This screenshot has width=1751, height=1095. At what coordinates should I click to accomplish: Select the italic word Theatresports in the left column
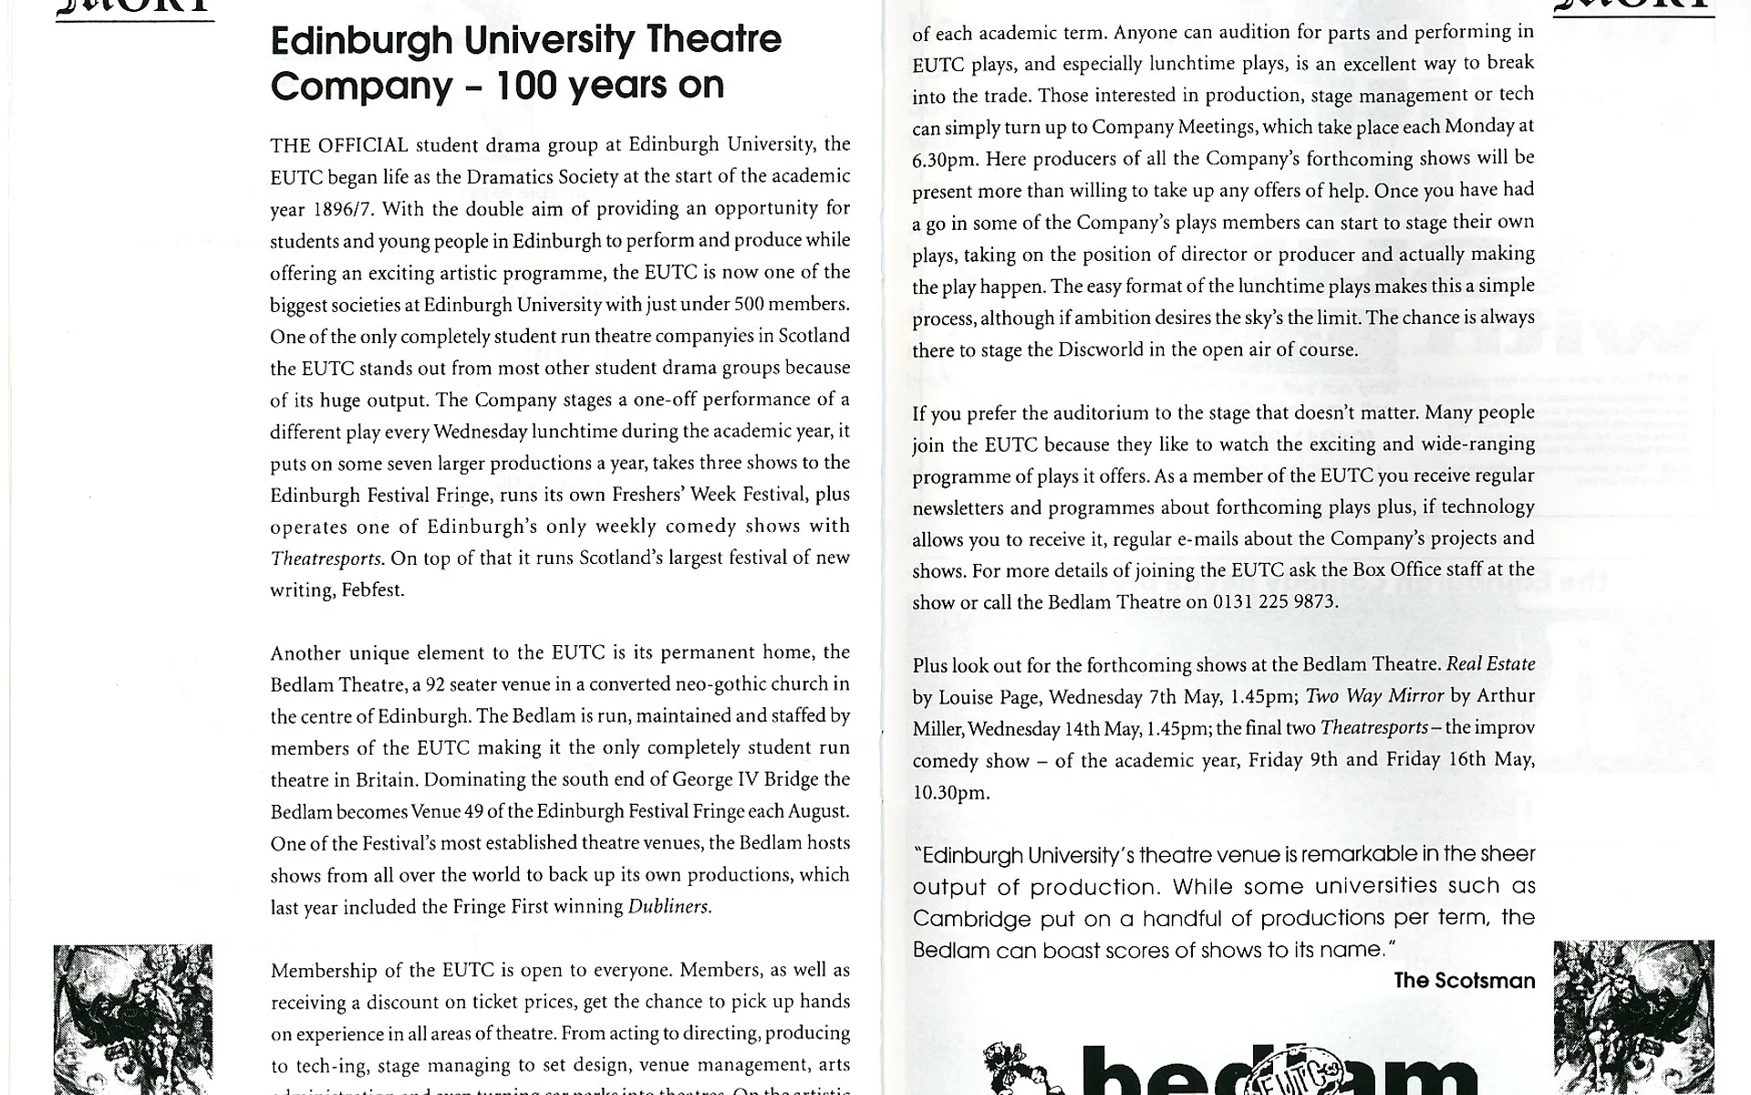tap(325, 558)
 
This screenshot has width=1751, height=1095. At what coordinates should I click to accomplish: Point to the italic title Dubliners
tap(668, 907)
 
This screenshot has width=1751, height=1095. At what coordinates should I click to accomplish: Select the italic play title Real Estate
tap(1490, 664)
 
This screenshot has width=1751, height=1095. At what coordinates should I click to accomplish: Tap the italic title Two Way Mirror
tap(1374, 696)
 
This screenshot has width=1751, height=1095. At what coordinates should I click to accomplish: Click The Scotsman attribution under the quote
tap(1464, 981)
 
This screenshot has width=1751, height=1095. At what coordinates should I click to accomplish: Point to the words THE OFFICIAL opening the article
tap(338, 146)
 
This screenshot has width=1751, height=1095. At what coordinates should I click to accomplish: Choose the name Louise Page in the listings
tap(989, 698)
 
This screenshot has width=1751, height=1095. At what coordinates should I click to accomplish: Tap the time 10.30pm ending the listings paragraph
tap(950, 793)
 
